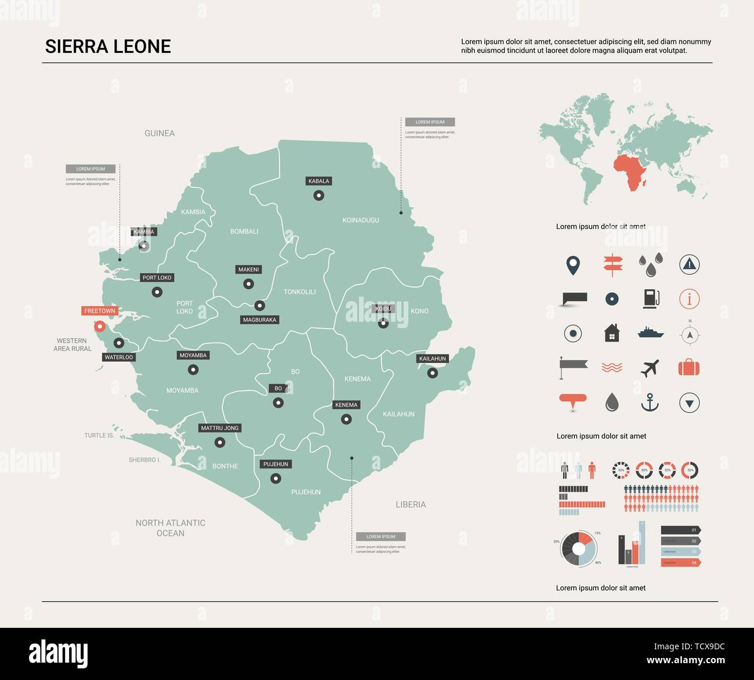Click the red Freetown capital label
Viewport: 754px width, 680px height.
pyautogui.click(x=100, y=311)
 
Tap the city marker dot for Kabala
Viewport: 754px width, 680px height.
pyautogui.click(x=318, y=196)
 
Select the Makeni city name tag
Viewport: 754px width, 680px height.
pyautogui.click(x=248, y=270)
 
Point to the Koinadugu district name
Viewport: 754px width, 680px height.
pyautogui.click(x=361, y=220)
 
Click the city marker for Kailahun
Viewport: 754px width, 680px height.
pyautogui.click(x=432, y=373)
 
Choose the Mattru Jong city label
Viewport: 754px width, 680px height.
pyautogui.click(x=220, y=428)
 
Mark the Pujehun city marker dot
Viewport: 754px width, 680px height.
pyautogui.click(x=276, y=479)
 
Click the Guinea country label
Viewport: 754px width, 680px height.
pyautogui.click(x=159, y=133)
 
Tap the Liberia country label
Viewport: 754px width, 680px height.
pyautogui.click(x=411, y=505)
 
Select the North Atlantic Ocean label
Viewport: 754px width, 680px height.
pyautogui.click(x=171, y=528)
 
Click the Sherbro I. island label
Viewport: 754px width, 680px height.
pyautogui.click(x=144, y=460)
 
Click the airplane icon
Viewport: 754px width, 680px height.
pyautogui.click(x=650, y=368)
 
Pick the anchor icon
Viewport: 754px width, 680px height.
pyautogui.click(x=650, y=402)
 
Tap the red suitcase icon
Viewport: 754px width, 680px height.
pyautogui.click(x=689, y=368)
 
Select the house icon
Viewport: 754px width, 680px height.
pyautogui.click(x=612, y=333)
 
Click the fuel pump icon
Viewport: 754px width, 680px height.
pyautogui.click(x=651, y=299)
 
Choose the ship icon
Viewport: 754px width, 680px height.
pyautogui.click(x=650, y=333)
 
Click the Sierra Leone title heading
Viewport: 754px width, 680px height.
pyautogui.click(x=108, y=47)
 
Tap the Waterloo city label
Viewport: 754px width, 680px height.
pyautogui.click(x=119, y=358)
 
